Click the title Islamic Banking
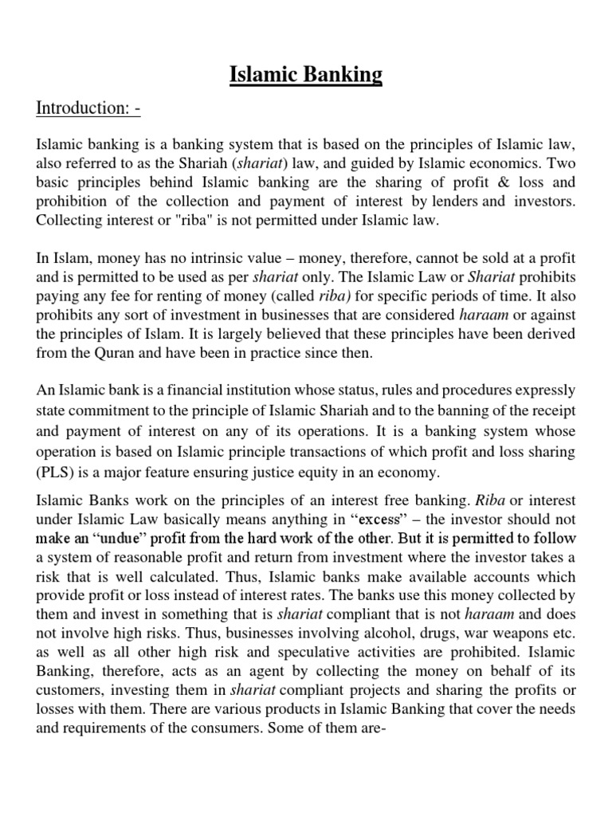(306, 75)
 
